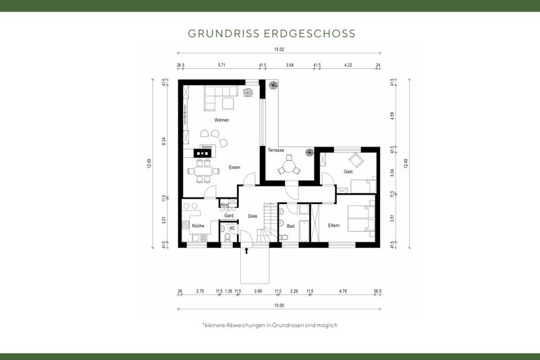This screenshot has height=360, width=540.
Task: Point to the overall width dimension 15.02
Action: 278,49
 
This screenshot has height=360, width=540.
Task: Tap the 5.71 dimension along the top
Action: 221,66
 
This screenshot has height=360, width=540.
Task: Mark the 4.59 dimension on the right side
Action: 393,115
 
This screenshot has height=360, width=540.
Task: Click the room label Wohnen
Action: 221,120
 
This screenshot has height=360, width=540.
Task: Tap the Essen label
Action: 234,167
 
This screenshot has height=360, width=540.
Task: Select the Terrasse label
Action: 275,150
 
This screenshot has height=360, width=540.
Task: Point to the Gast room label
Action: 348,172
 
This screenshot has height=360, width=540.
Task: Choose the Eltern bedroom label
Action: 333,225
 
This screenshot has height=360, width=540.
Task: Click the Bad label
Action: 290,226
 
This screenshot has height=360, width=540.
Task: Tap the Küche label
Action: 197,226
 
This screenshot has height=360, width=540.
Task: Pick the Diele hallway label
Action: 252,216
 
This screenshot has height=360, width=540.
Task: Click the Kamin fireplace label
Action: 207,147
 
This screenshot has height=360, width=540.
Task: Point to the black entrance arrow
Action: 246,251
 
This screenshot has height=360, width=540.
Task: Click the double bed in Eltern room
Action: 359,218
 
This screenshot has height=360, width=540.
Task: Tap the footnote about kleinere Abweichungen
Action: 269,325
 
